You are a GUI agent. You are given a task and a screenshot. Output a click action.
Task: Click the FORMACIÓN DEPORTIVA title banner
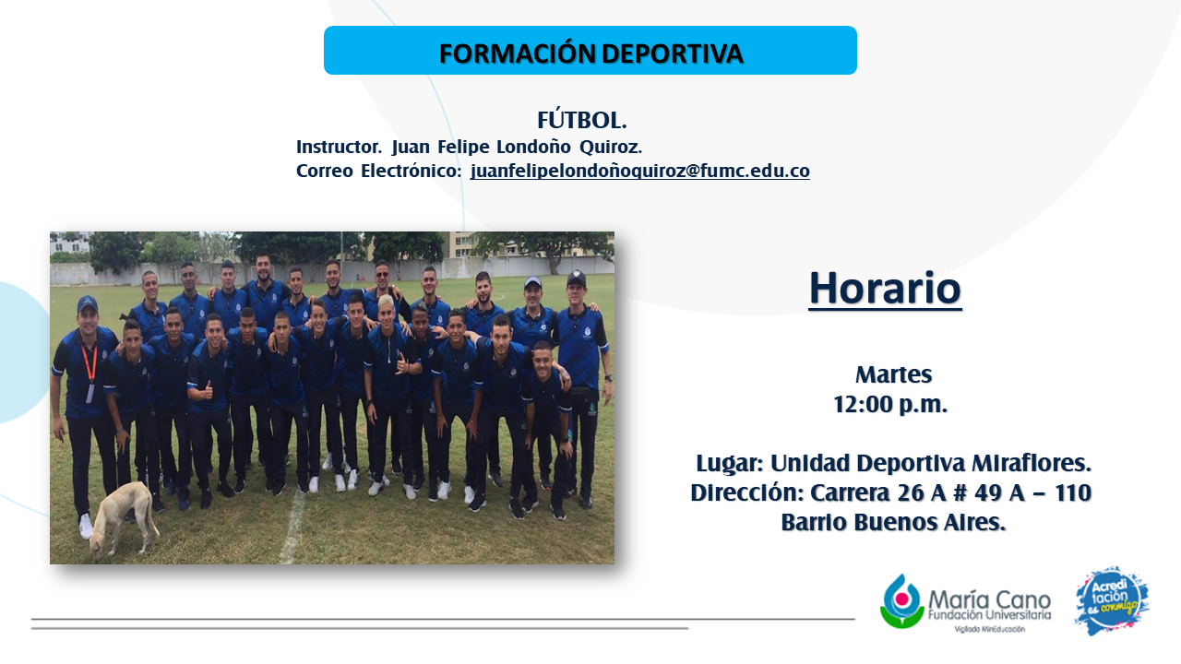point(590,50)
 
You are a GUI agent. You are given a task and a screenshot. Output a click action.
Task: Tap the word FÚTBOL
point(581,120)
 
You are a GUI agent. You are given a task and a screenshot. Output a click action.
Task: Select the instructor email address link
point(639,171)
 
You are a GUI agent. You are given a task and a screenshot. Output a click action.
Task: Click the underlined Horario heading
point(885,289)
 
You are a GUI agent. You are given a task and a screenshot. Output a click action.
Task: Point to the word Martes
point(894,374)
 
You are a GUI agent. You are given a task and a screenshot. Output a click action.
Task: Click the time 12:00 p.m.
point(890,404)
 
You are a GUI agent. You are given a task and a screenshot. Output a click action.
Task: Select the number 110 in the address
point(1072,492)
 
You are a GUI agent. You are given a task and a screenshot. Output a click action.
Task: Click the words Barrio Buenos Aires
point(893,522)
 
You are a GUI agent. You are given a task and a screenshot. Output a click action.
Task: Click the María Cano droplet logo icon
point(901,602)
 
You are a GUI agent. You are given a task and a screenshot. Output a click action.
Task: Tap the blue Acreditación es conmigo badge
point(1112,600)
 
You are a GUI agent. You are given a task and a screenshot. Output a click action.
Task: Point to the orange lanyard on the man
point(89,364)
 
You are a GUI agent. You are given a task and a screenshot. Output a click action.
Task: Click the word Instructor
point(339,147)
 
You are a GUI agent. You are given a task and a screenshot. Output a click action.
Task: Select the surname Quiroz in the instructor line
point(611,147)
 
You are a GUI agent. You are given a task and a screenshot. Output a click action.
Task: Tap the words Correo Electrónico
point(378,171)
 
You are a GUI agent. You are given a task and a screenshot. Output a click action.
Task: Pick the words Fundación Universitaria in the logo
point(990,615)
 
